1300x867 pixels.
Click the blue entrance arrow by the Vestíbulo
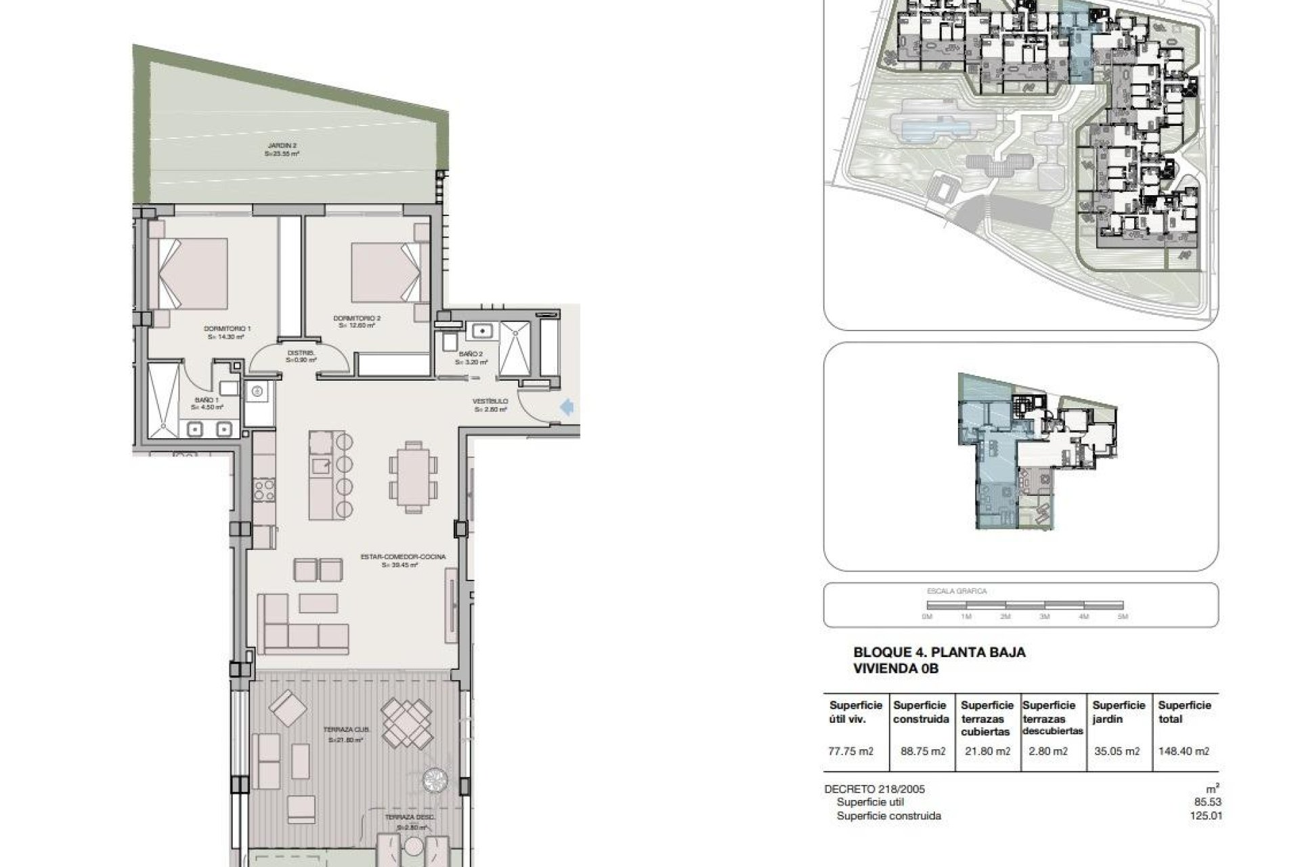(x=567, y=406)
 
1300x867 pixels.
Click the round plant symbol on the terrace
(x=434, y=780)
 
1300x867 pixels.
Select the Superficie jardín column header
(x=1119, y=712)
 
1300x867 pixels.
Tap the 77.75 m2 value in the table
(x=850, y=751)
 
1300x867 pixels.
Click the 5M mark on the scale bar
(x=1123, y=616)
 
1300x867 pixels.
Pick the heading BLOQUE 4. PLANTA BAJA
(x=939, y=653)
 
